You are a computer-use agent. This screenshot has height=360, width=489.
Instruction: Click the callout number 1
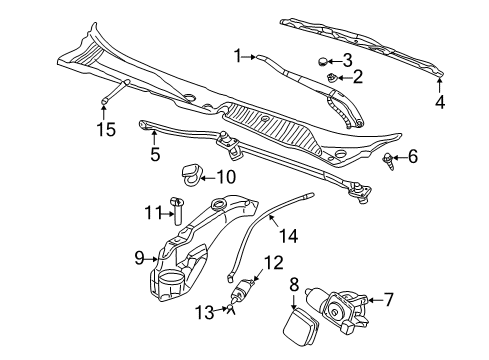click(x=237, y=56)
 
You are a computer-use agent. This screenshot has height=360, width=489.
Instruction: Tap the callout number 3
click(x=348, y=59)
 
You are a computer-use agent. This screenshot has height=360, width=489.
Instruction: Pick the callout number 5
click(x=155, y=154)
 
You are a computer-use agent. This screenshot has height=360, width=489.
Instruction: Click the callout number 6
click(x=412, y=157)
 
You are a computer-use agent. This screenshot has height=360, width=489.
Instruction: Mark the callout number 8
click(x=293, y=285)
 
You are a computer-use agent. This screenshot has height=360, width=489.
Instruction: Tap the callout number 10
click(x=226, y=178)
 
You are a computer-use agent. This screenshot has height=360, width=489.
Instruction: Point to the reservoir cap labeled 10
click(x=190, y=177)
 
